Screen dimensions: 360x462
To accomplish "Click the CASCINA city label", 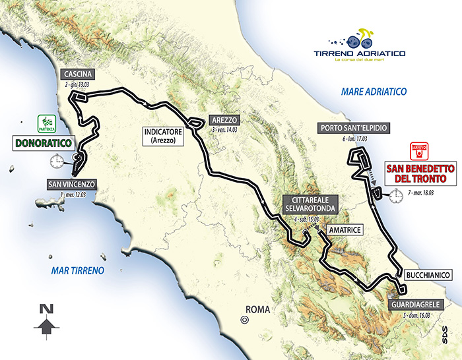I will pos(77,73).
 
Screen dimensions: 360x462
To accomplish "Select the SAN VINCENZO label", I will pos(72,183).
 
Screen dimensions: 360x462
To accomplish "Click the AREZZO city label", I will pos(223,120).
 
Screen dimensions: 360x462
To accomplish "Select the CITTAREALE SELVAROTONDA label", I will pos(309,204).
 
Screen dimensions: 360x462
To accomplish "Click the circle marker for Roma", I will pos(245,320).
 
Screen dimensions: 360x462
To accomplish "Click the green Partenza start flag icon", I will pos(46,123).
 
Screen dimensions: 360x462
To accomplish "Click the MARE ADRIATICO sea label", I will pos(373,92).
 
